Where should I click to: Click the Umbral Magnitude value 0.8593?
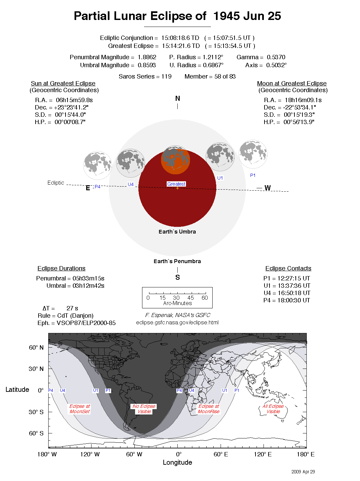tap(147, 65)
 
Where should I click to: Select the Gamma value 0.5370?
tap(276, 57)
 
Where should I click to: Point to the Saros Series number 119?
tap(166, 77)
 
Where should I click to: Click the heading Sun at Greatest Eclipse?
tap(63, 83)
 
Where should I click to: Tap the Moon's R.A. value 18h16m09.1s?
tap(303, 100)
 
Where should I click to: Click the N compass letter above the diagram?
tap(178, 98)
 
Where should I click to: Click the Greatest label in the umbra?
tap(176, 184)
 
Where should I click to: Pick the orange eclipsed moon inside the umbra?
tap(175, 160)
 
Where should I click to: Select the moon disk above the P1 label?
tap(253, 154)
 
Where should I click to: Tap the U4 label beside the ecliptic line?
tap(131, 184)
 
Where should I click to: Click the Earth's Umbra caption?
tap(177, 232)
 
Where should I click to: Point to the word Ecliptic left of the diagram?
tap(56, 183)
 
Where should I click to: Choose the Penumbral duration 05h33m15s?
tap(89, 278)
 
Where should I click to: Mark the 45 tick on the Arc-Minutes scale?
tap(191, 298)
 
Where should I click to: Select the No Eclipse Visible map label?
tap(144, 409)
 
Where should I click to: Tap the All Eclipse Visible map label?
tap(273, 409)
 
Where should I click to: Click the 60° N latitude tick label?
tap(36, 348)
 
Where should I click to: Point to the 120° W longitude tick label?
tap(90, 454)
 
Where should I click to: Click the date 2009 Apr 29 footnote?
tap(303, 472)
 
